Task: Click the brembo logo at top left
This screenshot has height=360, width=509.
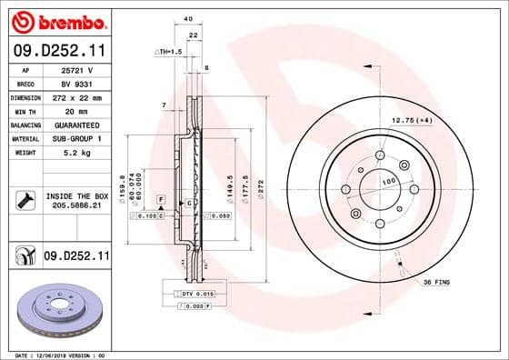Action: point(58,21)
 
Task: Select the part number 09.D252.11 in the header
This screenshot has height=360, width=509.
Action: point(58,52)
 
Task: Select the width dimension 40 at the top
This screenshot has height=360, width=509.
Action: point(188,19)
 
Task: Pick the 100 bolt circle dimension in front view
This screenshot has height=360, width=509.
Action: point(390,183)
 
